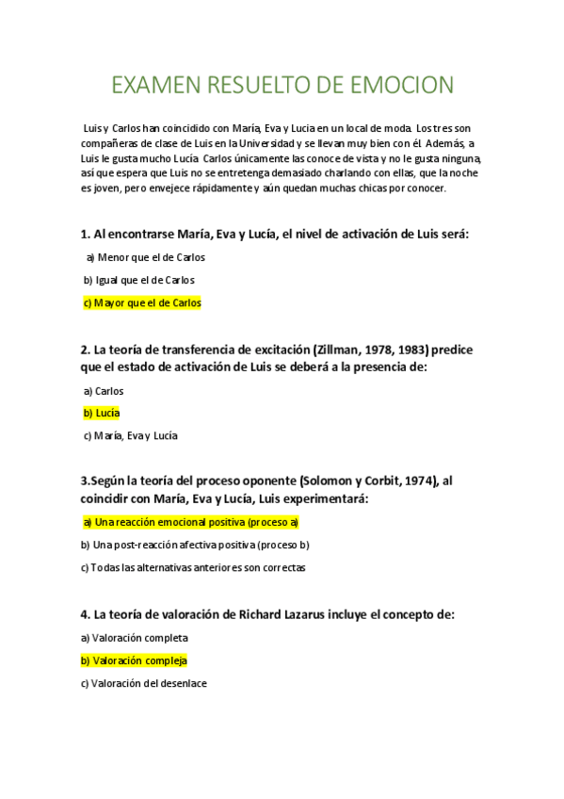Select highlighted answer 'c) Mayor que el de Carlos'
point(142,303)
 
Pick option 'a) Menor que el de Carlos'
point(145,257)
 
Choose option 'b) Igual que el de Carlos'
point(138,280)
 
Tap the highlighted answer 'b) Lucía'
point(102,413)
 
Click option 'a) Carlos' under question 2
point(104,390)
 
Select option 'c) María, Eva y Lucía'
point(130,435)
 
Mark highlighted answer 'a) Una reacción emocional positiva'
point(190,522)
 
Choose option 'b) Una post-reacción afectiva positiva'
point(195,545)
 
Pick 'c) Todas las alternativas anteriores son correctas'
point(193,567)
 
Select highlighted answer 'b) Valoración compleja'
point(135,660)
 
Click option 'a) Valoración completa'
point(135,638)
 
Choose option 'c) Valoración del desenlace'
point(144,683)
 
